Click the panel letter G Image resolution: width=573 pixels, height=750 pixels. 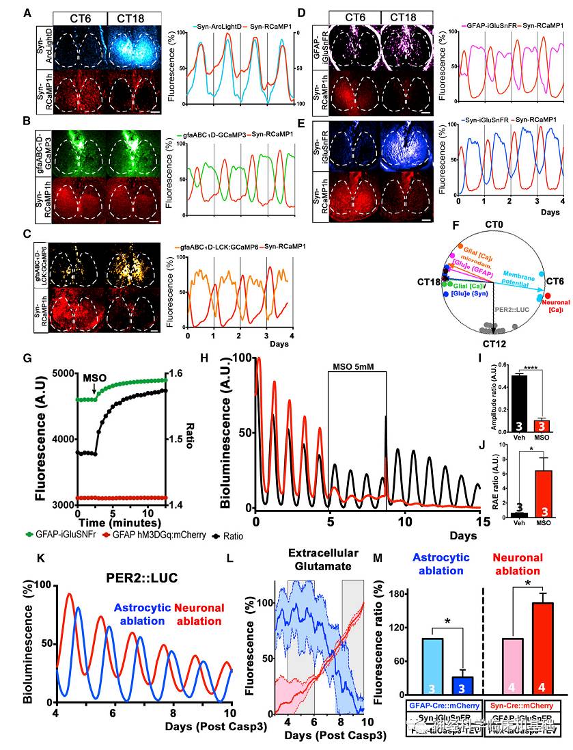click(x=27, y=358)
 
